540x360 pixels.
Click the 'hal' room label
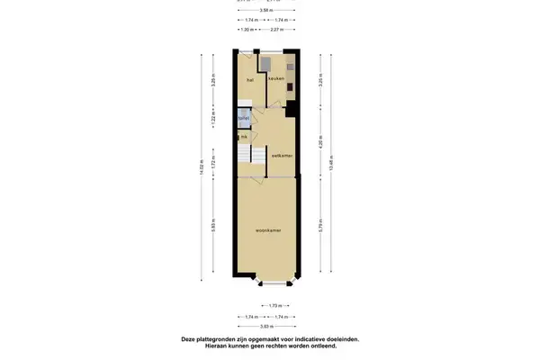(249, 79)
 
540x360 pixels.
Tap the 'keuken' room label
(275, 79)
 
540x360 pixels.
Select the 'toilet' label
(243, 117)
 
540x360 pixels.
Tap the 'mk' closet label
(243, 136)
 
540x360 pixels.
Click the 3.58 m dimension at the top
(269, 11)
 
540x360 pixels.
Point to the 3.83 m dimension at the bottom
(269, 327)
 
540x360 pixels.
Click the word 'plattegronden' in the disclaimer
(219, 339)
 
